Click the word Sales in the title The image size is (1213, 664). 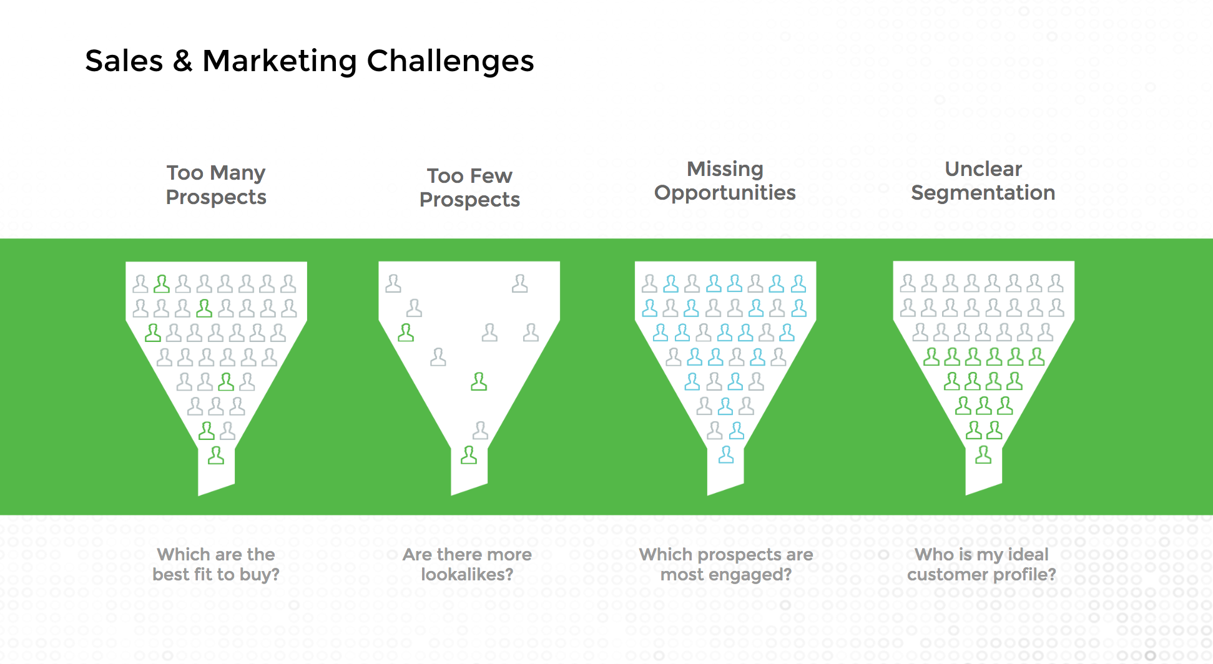[124, 61]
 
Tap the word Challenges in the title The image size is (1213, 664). [450, 61]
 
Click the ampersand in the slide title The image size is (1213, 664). [182, 61]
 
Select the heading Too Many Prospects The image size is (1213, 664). [216, 185]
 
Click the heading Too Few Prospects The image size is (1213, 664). [469, 187]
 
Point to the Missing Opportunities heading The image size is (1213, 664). [725, 180]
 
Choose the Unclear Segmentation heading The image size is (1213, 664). [983, 180]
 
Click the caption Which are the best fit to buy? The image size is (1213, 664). [216, 564]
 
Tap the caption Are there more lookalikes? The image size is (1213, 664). [467, 564]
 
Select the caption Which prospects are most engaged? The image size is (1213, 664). [726, 564]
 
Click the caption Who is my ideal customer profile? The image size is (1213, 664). [981, 564]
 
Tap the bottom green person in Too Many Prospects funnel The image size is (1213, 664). [216, 456]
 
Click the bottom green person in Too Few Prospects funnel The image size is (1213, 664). [469, 456]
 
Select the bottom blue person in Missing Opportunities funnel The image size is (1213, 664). [726, 455]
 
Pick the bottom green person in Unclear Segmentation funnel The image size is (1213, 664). [983, 455]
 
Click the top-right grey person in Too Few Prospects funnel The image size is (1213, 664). [519, 283]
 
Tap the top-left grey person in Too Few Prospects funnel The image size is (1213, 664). [393, 283]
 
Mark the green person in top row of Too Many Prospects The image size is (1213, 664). [162, 284]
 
